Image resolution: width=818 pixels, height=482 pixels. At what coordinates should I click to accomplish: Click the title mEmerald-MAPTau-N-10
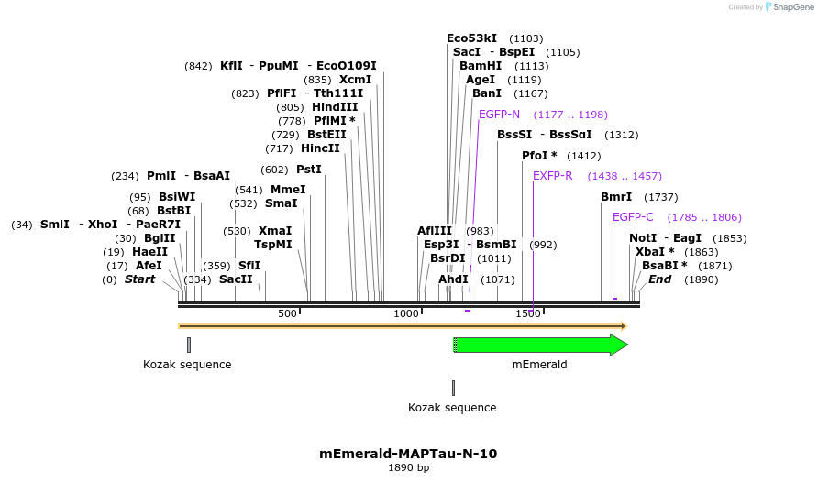coord(408,454)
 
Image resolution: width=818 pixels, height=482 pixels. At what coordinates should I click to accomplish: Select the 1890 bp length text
coord(408,468)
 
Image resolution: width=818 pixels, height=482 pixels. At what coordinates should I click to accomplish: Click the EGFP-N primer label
coord(499,115)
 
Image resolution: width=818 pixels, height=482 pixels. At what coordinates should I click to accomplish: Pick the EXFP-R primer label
coord(552,176)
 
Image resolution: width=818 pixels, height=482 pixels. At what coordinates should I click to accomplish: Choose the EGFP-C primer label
coord(633,217)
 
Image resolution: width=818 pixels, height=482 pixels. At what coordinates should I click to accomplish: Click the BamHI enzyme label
coord(480,66)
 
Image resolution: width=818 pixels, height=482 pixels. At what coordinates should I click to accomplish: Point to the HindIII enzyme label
coord(335,107)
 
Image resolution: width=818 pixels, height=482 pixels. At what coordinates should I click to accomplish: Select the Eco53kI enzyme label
coord(471,38)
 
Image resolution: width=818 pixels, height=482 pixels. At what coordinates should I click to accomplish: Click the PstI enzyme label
coord(309,170)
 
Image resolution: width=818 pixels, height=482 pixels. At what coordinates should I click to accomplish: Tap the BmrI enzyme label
coord(616,197)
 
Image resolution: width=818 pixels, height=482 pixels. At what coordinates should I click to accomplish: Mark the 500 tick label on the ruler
coord(287,314)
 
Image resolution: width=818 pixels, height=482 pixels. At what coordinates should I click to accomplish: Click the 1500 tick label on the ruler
coord(528,314)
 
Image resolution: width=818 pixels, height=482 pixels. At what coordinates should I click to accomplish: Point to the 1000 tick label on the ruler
coord(406,314)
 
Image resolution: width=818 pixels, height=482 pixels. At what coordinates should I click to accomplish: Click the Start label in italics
coord(139,279)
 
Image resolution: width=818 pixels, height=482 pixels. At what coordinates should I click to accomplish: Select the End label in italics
coord(659,279)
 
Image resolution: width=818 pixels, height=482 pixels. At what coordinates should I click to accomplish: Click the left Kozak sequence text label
coord(187,365)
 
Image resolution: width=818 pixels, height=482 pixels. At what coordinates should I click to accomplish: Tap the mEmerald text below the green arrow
coord(539,365)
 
